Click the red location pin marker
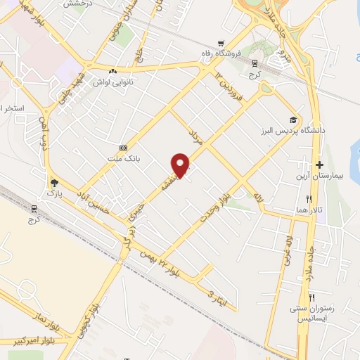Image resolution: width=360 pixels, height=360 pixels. click(181, 165)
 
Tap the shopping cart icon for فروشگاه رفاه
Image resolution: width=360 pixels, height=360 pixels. click(221, 41)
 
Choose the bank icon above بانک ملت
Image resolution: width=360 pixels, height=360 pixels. click(124, 148)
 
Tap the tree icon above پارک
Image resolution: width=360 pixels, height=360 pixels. click(53, 182)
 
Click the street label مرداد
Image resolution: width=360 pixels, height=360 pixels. click(197, 137)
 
